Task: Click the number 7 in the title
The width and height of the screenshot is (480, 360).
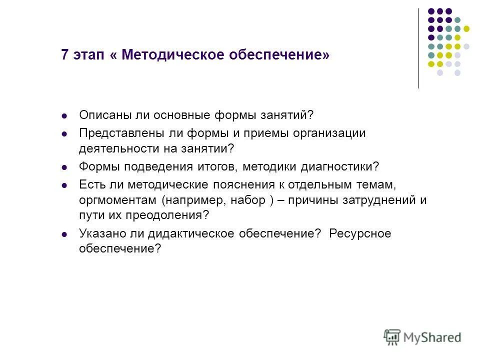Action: tap(64, 54)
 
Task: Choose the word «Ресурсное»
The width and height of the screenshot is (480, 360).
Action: tap(360, 233)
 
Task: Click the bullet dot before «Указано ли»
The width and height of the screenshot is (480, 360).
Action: tap(63, 234)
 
